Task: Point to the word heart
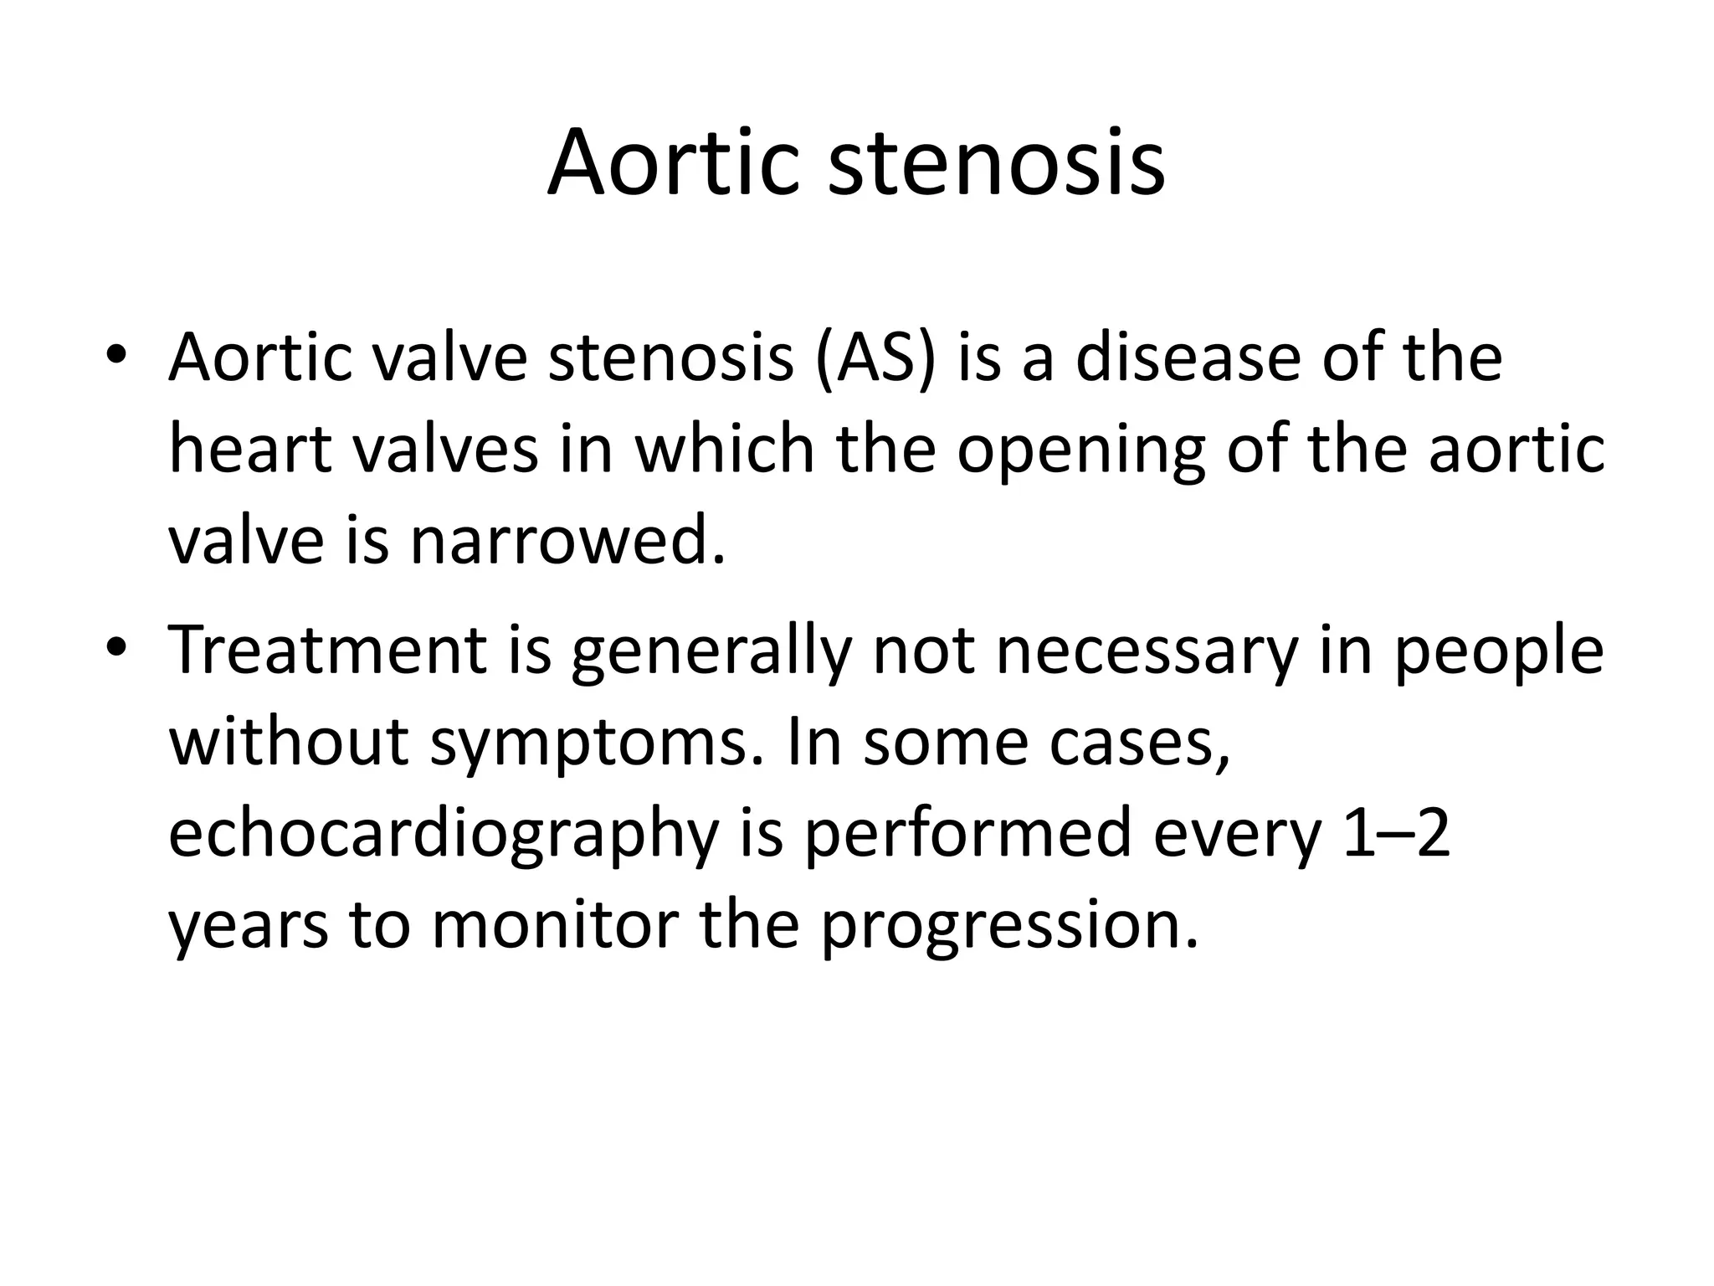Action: (x=251, y=450)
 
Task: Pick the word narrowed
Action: (x=567, y=541)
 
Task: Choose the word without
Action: (x=290, y=742)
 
